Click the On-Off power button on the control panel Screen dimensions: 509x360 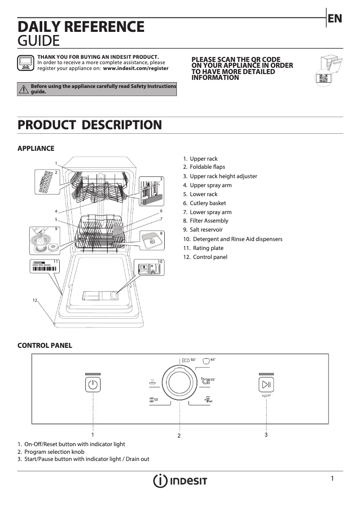[x=92, y=385]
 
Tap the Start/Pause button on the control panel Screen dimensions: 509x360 [x=266, y=385]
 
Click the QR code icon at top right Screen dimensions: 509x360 [x=323, y=78]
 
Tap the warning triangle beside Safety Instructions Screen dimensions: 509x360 [x=23, y=89]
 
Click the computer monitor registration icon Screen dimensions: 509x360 [x=25, y=63]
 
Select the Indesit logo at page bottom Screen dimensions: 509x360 [x=180, y=481]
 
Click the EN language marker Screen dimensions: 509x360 [x=335, y=18]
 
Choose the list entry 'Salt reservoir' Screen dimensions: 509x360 [x=206, y=230]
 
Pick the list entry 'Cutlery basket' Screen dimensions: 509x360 [x=208, y=203]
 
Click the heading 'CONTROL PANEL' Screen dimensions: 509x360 [x=44, y=346]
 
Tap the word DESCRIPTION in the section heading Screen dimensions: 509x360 [x=122, y=125]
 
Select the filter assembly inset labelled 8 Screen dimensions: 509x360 [x=151, y=240]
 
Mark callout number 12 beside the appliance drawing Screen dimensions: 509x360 [x=35, y=300]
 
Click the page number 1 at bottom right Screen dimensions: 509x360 [x=332, y=478]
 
